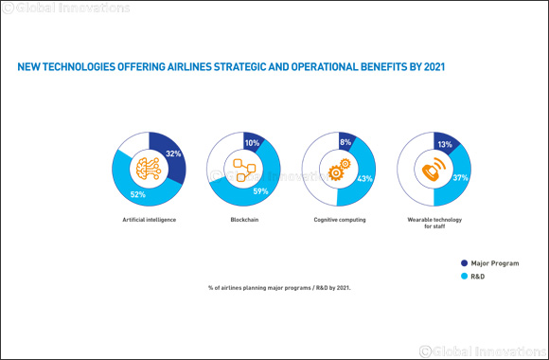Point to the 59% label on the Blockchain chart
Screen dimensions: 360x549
tap(260, 190)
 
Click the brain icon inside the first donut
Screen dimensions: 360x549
tap(149, 168)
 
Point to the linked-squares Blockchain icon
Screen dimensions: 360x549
tap(243, 169)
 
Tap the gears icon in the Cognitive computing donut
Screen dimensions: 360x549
tap(338, 169)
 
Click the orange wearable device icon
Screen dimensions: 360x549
tap(433, 169)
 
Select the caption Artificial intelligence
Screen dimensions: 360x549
tap(149, 219)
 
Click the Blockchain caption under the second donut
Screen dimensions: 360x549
tap(243, 219)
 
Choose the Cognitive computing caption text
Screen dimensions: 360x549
tap(338, 219)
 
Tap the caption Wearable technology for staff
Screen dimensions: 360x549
tap(433, 223)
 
